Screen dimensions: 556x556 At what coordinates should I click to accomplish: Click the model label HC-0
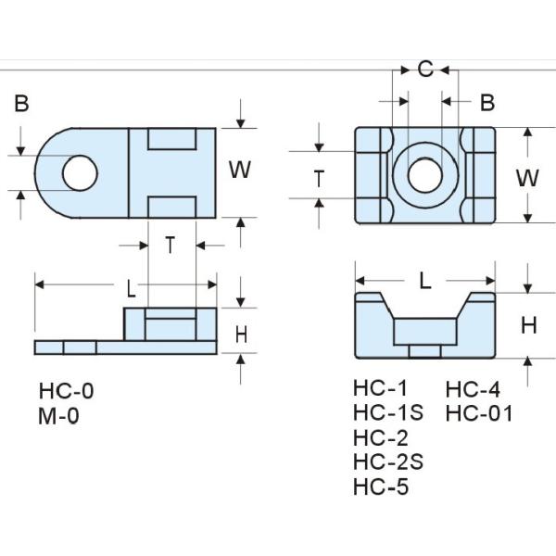pos(66,391)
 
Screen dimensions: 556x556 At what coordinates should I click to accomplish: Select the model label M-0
pos(59,416)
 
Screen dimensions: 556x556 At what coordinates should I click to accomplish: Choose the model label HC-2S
pos(387,461)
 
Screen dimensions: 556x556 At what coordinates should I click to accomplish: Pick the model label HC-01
pos(478,413)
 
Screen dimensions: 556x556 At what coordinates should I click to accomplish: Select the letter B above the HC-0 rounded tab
pos(21,104)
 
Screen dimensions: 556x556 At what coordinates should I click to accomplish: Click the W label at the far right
pos(527,177)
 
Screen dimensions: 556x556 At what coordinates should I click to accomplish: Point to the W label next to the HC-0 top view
pos(240,171)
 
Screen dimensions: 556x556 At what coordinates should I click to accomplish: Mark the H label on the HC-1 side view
pos(528,324)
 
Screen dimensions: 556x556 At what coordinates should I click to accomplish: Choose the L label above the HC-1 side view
pos(425,281)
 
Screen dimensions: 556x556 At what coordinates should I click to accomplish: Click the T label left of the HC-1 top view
pos(319,178)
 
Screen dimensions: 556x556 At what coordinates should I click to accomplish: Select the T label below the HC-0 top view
pos(171,245)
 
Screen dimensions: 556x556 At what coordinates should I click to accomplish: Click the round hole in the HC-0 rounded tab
pos(80,171)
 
